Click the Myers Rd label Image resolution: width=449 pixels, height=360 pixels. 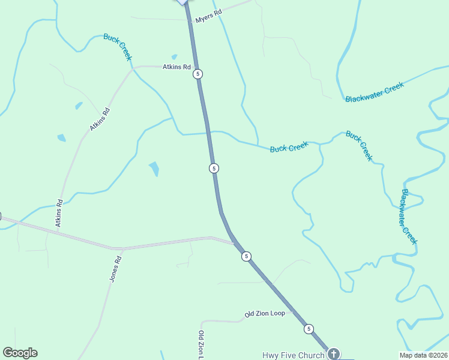click(x=209, y=16)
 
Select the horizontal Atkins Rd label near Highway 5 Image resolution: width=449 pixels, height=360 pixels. click(x=176, y=67)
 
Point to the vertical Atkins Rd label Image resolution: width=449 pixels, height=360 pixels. click(x=59, y=212)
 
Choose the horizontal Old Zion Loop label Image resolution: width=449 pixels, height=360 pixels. click(x=265, y=314)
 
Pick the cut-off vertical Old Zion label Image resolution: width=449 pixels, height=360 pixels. click(x=202, y=345)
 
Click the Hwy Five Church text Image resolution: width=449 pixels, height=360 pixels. click(x=292, y=355)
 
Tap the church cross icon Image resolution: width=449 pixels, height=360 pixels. click(x=334, y=354)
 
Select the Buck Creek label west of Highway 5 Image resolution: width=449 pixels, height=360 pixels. click(x=117, y=46)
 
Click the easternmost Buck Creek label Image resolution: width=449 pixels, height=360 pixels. click(x=359, y=146)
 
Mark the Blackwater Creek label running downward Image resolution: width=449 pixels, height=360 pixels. click(x=408, y=217)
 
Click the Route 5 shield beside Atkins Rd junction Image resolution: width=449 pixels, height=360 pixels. click(x=198, y=74)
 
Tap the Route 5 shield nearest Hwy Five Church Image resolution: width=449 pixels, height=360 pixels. click(x=309, y=329)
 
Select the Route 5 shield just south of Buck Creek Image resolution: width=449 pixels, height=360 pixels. click(x=214, y=168)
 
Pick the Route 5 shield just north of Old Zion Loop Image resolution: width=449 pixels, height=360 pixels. click(x=246, y=256)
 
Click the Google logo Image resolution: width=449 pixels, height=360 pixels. click(x=20, y=353)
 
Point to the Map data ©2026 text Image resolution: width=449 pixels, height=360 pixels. click(x=423, y=355)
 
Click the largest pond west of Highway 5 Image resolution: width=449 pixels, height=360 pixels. click(x=154, y=169)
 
